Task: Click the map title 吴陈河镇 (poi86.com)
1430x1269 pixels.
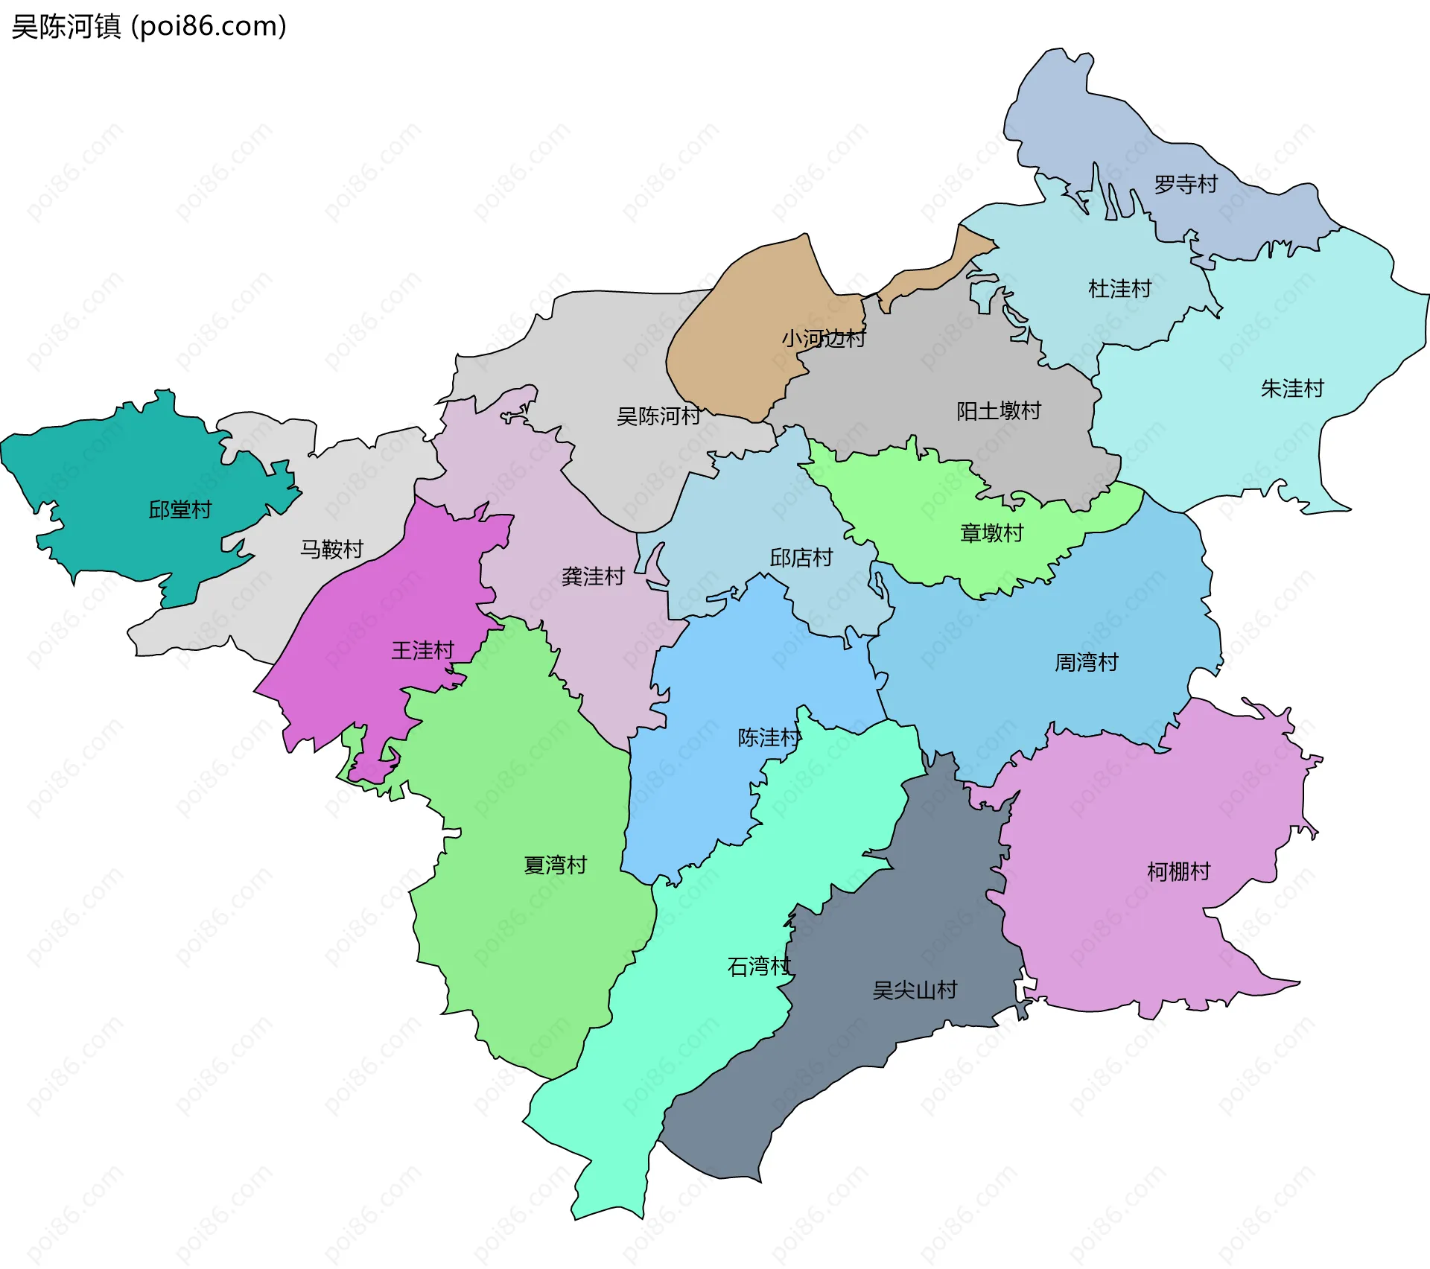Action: (149, 27)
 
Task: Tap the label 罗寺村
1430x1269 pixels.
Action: (1185, 184)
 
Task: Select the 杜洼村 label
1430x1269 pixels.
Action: (1119, 288)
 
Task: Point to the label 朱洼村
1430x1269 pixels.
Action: (1292, 388)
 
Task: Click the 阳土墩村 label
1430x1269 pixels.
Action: (998, 410)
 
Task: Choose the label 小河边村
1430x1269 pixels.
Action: (823, 339)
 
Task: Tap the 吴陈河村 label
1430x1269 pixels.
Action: (658, 416)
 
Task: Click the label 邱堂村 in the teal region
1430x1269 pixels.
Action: (180, 509)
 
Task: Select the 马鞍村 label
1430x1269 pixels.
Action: (331, 549)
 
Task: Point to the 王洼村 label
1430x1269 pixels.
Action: (422, 650)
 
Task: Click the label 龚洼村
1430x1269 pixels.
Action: (593, 576)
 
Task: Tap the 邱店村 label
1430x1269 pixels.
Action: (801, 557)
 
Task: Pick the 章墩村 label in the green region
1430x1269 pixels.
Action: (991, 532)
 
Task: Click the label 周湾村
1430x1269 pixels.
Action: (1086, 661)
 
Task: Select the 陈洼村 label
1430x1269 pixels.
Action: (769, 737)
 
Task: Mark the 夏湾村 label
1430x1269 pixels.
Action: (556, 865)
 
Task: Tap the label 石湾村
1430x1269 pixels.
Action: (759, 967)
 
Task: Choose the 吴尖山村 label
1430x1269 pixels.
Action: (915, 990)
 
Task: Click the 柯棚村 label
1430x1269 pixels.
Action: (1178, 871)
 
